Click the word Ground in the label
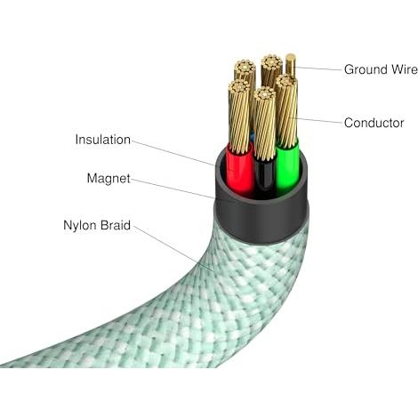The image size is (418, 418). point(366,70)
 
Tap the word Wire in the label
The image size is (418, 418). point(405,69)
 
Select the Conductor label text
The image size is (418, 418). point(374,123)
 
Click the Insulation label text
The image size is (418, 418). point(103,140)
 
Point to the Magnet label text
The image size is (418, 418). point(109,179)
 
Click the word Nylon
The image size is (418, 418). point(80,226)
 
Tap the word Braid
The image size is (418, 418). point(115,225)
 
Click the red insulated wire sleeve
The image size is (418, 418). point(239,171)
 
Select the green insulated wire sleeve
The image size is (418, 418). point(287,166)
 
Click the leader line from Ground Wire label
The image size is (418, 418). point(318,68)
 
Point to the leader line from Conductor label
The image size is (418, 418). point(318,120)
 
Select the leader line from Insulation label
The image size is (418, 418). point(173,153)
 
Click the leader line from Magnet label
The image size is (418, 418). point(173,189)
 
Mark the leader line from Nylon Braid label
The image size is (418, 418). point(173,248)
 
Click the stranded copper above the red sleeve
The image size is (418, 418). point(239,117)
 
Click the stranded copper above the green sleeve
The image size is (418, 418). point(286,109)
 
